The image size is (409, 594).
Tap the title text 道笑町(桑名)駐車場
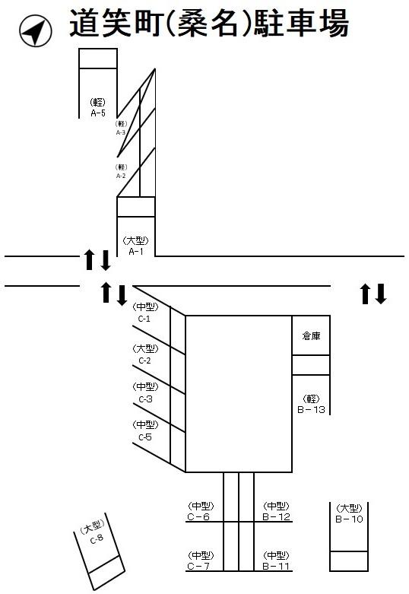208,24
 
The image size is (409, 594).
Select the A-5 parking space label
97,108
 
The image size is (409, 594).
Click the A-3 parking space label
121,128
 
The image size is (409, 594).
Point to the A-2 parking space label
121,171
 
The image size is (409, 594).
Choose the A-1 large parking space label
135,246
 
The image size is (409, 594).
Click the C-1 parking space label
145,313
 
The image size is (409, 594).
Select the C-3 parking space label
145,392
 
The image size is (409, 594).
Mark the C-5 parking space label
145,431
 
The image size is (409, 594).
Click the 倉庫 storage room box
311,335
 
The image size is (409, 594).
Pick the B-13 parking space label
312,404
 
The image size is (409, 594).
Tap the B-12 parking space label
276,512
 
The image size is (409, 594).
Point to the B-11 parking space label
276,561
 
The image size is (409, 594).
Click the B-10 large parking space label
349,514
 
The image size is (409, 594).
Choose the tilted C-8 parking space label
94,532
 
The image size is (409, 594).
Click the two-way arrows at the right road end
373,293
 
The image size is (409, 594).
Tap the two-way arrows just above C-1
113,293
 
